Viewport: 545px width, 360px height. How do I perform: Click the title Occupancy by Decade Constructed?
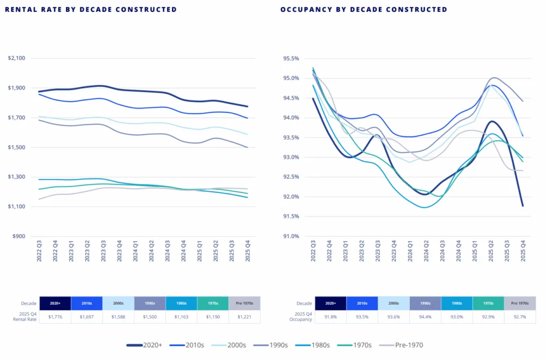pos(364,10)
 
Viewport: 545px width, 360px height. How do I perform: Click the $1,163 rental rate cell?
pos(181,317)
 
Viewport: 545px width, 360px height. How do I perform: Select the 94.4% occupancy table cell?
pos(425,317)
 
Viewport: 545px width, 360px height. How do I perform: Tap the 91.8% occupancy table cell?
pos(331,317)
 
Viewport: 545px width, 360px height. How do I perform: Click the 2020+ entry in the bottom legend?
pos(144,345)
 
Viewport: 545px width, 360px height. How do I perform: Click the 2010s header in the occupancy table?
pos(362,303)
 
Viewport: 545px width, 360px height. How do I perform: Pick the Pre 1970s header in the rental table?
pos(244,303)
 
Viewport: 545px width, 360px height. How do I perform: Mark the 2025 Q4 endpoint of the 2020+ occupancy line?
pos(523,206)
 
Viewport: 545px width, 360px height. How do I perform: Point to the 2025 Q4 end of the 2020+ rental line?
pos(247,107)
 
